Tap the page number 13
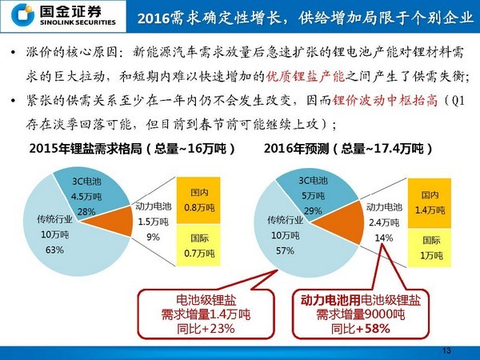pos(446,350)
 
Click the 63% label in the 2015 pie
pos(54,250)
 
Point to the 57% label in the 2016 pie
pos(285,250)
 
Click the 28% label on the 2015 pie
pos(86,211)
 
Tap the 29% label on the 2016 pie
pos(314,210)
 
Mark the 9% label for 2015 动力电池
pos(153,236)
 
